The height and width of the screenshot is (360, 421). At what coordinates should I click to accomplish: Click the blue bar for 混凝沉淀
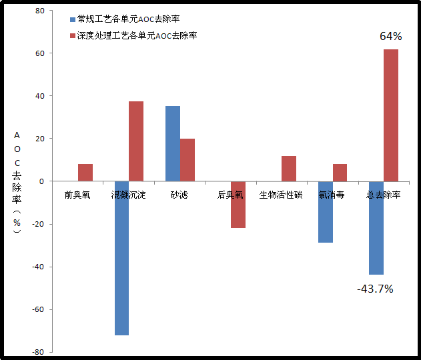click(121, 258)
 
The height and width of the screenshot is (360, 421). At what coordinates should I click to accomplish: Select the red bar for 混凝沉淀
click(136, 141)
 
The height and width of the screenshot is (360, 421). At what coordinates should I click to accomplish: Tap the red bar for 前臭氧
click(85, 173)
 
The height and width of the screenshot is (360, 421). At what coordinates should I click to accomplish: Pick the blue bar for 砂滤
click(172, 143)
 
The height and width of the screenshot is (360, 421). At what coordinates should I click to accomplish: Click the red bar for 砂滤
click(187, 160)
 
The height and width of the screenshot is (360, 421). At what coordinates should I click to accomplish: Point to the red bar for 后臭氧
click(238, 205)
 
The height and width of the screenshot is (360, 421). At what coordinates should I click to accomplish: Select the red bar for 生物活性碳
click(289, 169)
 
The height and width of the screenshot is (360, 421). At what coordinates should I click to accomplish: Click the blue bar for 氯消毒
click(325, 212)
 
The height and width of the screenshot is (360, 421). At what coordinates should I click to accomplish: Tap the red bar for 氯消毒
click(340, 173)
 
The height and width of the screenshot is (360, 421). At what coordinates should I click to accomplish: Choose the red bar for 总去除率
click(391, 115)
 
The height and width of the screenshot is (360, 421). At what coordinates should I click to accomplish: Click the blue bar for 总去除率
click(376, 228)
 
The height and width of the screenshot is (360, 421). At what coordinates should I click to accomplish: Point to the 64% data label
click(390, 36)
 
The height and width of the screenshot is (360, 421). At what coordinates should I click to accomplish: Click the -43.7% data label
click(374, 289)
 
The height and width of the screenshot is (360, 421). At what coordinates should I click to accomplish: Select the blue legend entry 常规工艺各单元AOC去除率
click(129, 19)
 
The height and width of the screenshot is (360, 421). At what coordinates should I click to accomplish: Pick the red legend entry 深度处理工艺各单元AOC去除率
click(137, 35)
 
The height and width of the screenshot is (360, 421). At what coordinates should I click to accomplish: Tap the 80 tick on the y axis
click(39, 11)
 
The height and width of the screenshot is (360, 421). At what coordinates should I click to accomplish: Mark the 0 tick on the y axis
click(42, 181)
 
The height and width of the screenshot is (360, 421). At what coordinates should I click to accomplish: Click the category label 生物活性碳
click(281, 195)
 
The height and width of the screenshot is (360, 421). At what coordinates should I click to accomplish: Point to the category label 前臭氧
click(77, 195)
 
